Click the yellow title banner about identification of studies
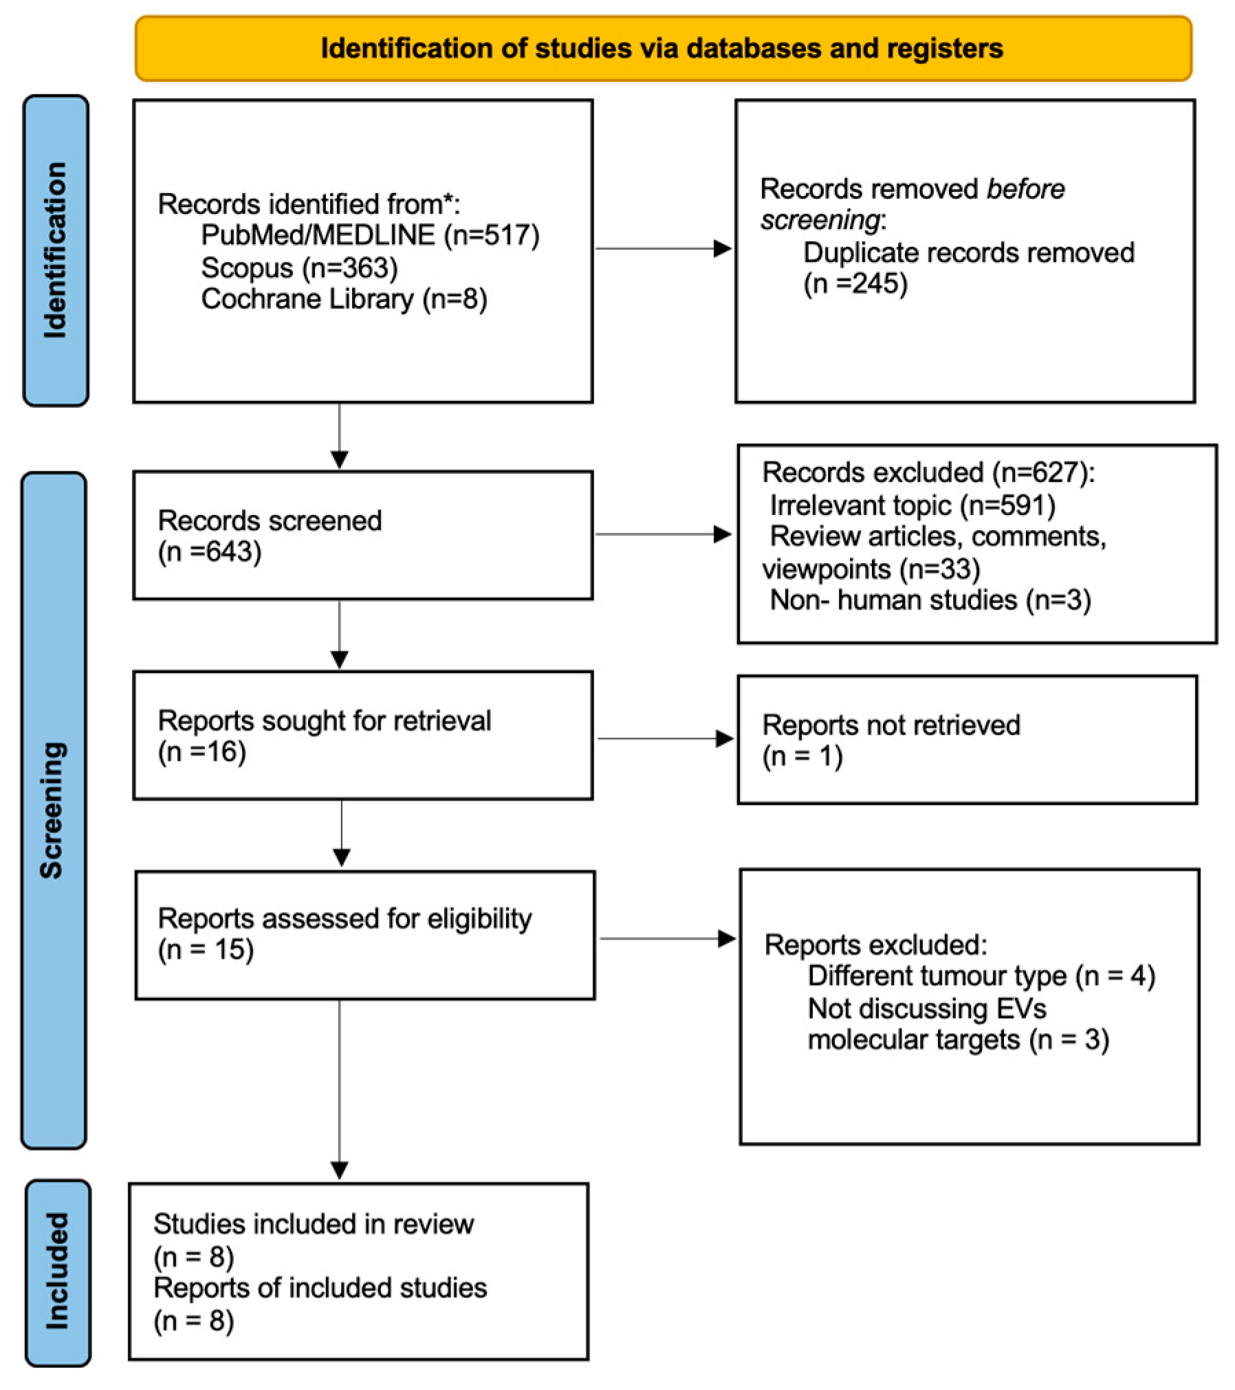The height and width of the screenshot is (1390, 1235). [662, 48]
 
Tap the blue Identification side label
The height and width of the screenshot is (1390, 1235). [56, 250]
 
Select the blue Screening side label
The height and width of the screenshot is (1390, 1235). [53, 810]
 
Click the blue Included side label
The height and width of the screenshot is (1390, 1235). [58, 1271]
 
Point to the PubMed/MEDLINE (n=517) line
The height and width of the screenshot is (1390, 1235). [370, 235]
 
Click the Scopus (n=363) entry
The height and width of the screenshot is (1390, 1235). [299, 267]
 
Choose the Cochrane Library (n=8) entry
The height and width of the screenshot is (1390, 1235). [344, 299]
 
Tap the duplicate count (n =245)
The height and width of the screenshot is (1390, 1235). [855, 283]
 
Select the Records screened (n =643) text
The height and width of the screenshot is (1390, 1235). [270, 536]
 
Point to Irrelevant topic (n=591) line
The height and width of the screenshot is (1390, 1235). [912, 505]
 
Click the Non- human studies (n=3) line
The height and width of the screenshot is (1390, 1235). [930, 600]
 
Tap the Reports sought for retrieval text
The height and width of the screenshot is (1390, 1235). [324, 721]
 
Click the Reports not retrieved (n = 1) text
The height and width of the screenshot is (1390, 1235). [890, 740]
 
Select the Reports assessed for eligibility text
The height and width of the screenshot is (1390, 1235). [345, 919]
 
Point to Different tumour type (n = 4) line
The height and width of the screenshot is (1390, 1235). [981, 976]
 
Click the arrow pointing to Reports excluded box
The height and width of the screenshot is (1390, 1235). [666, 938]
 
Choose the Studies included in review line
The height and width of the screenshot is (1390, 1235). [314, 1224]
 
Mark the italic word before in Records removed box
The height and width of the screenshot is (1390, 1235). [1025, 189]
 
